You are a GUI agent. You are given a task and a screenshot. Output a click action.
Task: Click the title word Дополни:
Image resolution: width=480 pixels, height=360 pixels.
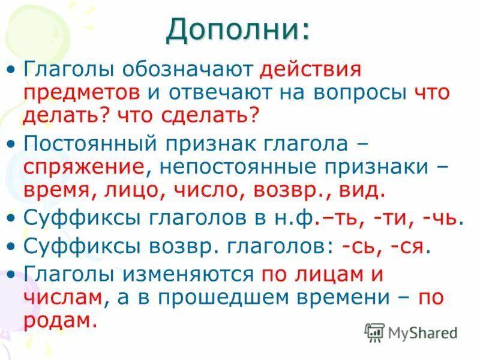coord(239,29)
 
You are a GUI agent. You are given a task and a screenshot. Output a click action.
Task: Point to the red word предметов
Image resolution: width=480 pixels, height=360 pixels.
coord(82,94)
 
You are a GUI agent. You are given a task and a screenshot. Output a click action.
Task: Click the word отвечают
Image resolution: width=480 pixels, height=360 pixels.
coord(223,94)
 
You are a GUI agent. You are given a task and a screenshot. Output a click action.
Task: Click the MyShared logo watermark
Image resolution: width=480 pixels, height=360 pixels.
coord(410,331)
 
